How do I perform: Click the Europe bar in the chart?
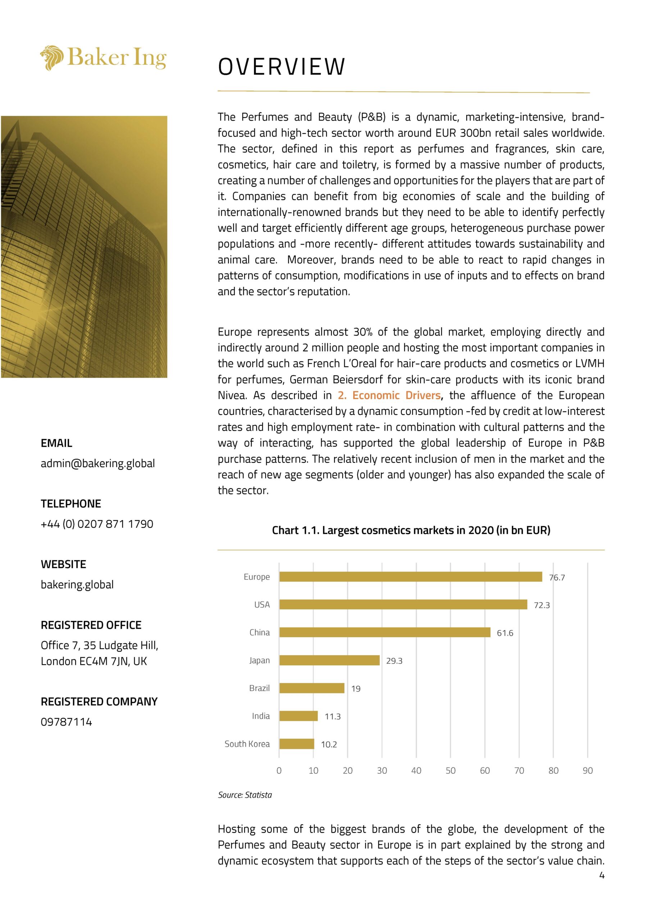(410, 577)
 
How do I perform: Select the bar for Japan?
(329, 660)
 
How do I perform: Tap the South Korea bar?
(297, 744)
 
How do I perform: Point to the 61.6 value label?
(505, 633)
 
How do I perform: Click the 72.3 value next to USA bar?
(542, 605)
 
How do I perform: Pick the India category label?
(261, 716)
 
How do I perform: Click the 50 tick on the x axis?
(450, 771)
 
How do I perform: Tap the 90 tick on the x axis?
(588, 771)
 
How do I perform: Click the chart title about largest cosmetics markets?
(411, 530)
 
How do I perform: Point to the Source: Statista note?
(245, 795)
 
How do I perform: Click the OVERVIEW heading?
(281, 67)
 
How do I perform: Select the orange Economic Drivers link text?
(389, 395)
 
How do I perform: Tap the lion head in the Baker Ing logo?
(52, 58)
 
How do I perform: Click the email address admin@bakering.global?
(97, 463)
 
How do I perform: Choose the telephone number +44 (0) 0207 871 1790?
(97, 524)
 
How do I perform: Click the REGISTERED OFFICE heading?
(91, 625)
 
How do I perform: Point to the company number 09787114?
(66, 722)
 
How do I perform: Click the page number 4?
(602, 875)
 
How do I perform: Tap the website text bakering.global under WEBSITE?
(77, 585)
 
